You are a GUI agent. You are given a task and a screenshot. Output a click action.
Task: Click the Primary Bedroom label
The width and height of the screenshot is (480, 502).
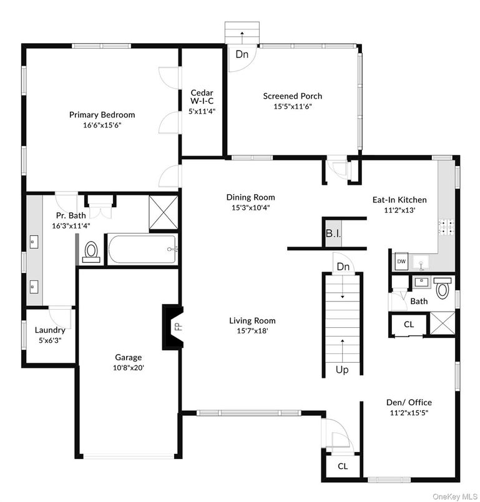pyautogui.click(x=102, y=115)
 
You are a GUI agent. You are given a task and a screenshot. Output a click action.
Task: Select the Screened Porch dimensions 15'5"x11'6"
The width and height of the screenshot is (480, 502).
pyautogui.click(x=292, y=106)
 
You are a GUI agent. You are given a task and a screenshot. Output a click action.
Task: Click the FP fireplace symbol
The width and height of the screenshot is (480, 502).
pyautogui.click(x=177, y=327)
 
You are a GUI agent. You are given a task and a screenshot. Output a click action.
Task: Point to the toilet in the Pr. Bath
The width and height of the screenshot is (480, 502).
pyautogui.click(x=92, y=252)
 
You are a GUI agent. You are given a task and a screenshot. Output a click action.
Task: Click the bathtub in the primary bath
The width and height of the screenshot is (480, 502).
pyautogui.click(x=143, y=250)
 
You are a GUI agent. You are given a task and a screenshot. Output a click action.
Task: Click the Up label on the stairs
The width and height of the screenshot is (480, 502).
pyautogui.click(x=342, y=370)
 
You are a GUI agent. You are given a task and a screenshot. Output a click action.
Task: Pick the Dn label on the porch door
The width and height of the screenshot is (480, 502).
pyautogui.click(x=242, y=54)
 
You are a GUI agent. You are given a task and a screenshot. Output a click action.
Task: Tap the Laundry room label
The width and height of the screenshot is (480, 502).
pyautogui.click(x=50, y=330)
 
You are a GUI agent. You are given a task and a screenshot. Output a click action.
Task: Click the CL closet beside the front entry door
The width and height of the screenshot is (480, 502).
pyautogui.click(x=343, y=466)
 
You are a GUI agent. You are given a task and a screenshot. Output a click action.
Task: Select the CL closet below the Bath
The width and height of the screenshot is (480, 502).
pyautogui.click(x=409, y=325)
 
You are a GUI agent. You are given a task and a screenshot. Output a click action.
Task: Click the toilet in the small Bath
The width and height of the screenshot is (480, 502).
pyautogui.click(x=443, y=289)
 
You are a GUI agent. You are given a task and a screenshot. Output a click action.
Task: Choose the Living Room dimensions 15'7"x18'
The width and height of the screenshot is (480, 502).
pyautogui.click(x=252, y=331)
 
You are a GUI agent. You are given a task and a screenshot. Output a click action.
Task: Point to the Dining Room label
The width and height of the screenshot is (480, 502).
pyautogui.click(x=250, y=197)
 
